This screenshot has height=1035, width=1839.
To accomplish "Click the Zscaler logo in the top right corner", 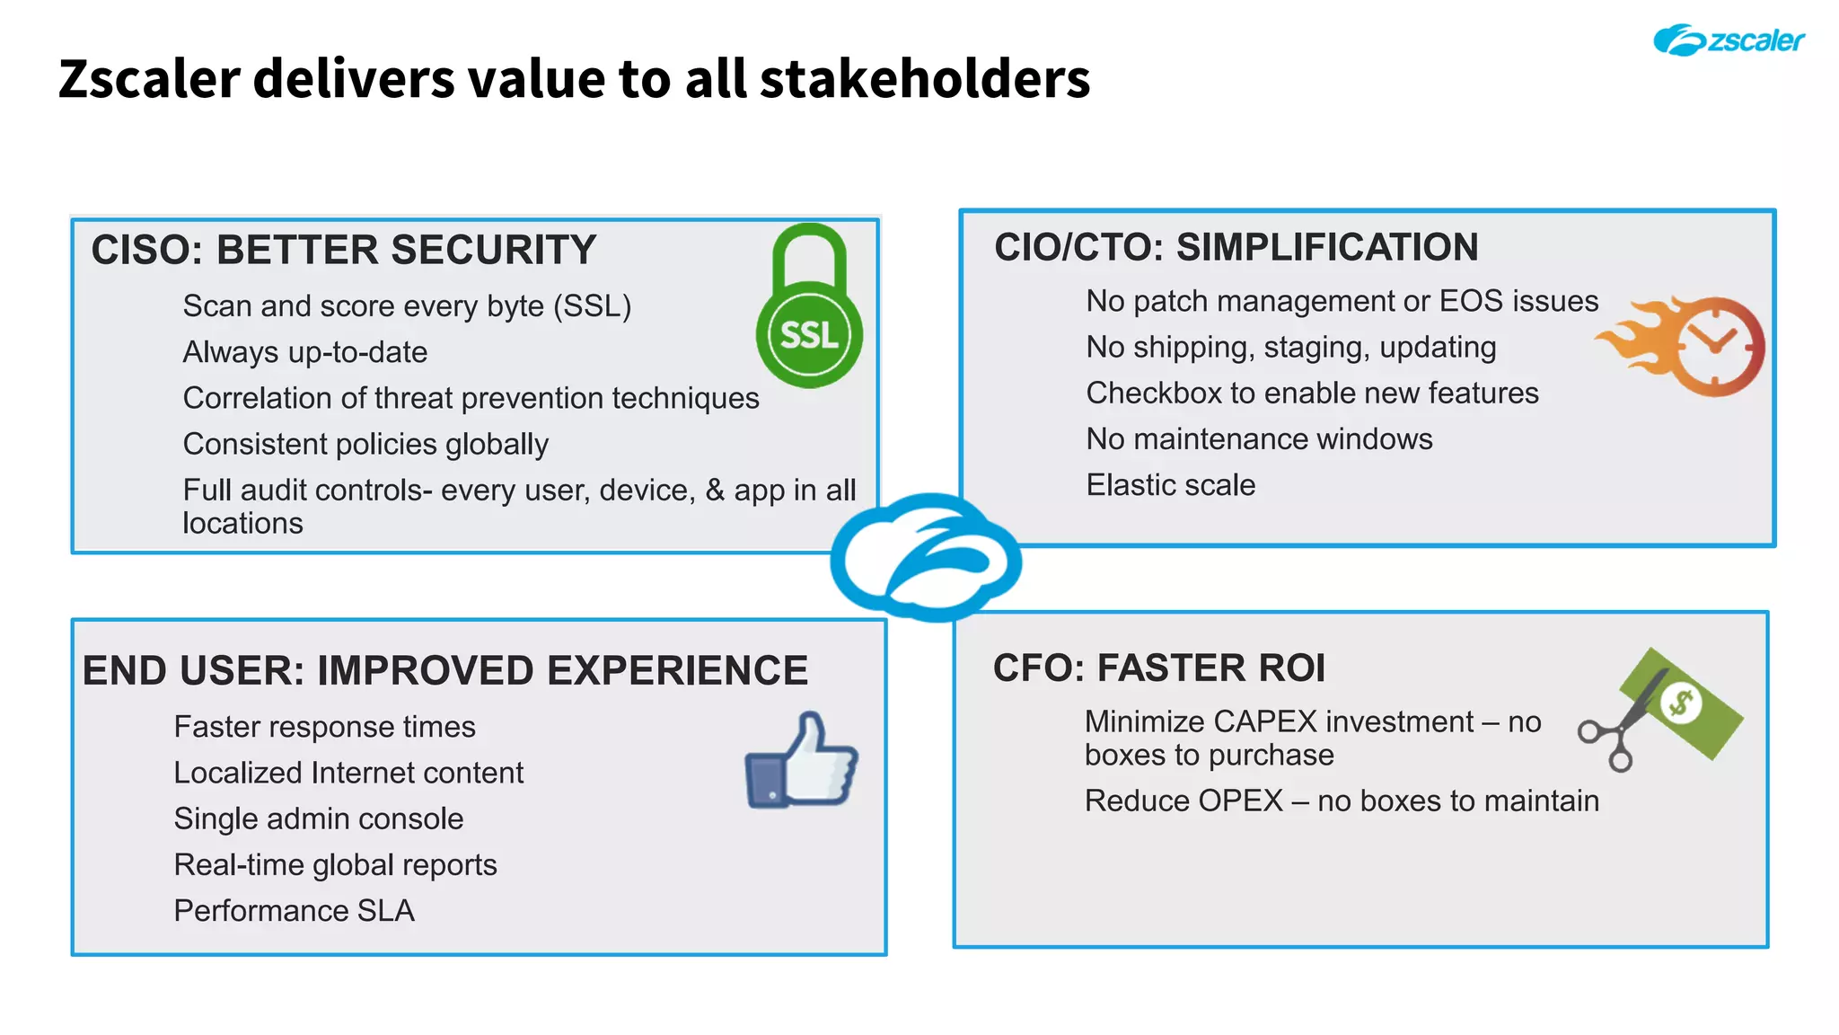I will pos(1728,40).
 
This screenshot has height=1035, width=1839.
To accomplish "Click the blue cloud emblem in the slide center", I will pos(927,557).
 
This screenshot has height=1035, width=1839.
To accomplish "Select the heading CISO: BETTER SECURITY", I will pos(343,250).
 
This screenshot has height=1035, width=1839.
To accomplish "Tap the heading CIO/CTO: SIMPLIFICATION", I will pos(1236,247).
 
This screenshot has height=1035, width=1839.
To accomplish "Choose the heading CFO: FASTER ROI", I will pos(1158,668).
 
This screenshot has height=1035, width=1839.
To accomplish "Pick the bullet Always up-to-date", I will pos(304,352).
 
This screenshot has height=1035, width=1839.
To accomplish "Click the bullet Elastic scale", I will pos(1170,485).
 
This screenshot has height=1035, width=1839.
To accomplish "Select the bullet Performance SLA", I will pos(294,911).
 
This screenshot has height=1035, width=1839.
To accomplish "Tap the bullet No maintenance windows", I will pos(1259,439).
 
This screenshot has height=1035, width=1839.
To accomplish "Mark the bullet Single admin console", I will pos(318,819).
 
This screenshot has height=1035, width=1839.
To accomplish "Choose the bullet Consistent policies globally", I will pos(365,445).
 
